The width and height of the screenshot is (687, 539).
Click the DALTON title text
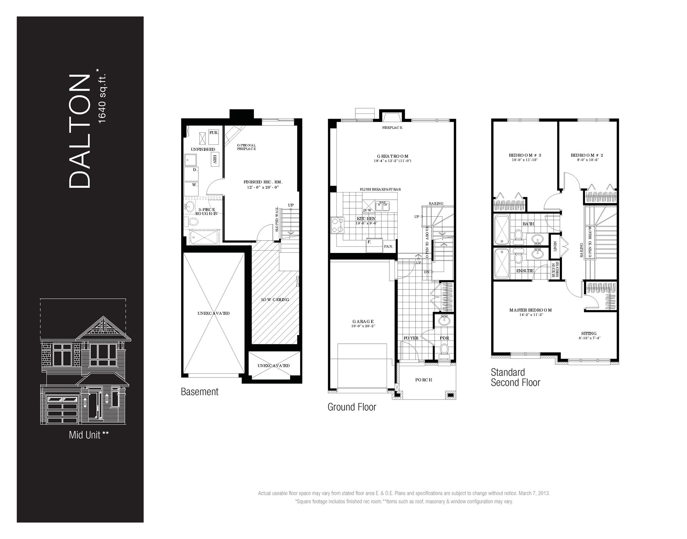pos(80,131)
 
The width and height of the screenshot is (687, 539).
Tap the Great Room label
pos(392,156)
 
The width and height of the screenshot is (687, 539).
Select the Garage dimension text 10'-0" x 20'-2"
pos(363,326)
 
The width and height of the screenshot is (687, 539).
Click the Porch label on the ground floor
pos(423,380)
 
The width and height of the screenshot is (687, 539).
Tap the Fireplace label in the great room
pos(392,128)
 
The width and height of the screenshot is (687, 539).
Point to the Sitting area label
pos(589,333)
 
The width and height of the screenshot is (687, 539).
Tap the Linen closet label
pos(555,246)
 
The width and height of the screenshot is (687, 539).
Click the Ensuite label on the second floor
pos(525,271)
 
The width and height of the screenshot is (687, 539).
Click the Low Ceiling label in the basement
pos(275,299)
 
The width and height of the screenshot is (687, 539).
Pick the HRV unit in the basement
pos(215,160)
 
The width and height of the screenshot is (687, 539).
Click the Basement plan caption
pos(200,392)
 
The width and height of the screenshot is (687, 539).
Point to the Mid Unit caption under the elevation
pos(89,435)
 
